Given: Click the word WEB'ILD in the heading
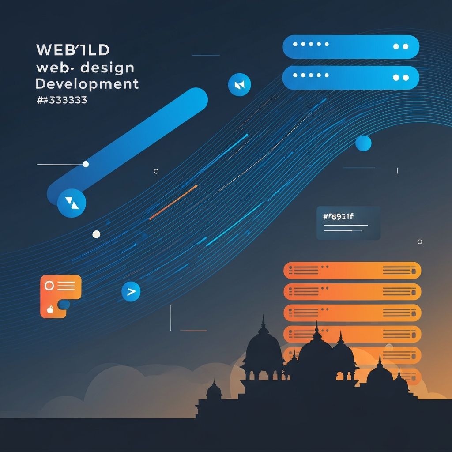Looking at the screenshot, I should tap(72, 50).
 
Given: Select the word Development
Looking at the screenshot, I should tap(87, 83).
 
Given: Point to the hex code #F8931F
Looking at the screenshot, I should tap(339, 216).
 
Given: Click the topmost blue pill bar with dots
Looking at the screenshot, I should tap(350, 47).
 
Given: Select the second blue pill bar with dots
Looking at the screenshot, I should tap(350, 78).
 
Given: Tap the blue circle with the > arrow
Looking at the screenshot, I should tap(131, 291).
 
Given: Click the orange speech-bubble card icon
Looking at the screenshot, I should tap(60, 295).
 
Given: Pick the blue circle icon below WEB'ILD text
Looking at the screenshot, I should tap(239, 84).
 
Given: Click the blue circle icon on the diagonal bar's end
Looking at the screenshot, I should tap(72, 203).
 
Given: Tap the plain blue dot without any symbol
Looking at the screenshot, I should tap(363, 143).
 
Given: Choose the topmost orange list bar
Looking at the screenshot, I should tap(352, 270).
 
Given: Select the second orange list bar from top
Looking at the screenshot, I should tap(352, 292).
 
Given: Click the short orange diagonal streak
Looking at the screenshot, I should tap(173, 202).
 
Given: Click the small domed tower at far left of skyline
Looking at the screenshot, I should tap(214, 390).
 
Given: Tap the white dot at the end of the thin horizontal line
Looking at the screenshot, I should tap(86, 164).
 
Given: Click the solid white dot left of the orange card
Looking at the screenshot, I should tap(96, 234).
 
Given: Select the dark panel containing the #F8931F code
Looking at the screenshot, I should tap(348, 223).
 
